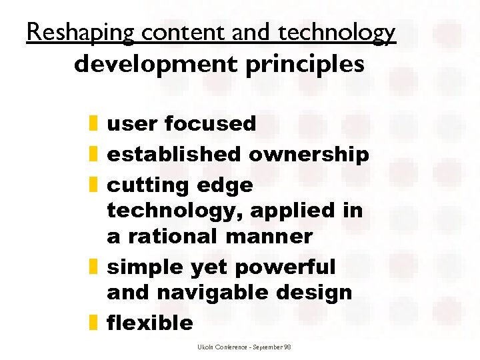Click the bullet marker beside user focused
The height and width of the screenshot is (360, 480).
[x=93, y=123]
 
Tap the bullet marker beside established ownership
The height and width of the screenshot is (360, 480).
[x=93, y=154]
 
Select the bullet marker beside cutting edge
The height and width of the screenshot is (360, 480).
[x=93, y=185]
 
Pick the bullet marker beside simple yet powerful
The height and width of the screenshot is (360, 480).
[x=93, y=267]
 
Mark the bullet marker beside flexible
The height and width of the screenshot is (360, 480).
[x=93, y=323]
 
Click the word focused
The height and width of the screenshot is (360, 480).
[x=210, y=123]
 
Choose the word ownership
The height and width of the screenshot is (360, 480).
[x=309, y=154]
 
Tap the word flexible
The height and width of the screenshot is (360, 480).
[x=150, y=323]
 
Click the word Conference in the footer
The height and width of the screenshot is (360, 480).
[x=230, y=347]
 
